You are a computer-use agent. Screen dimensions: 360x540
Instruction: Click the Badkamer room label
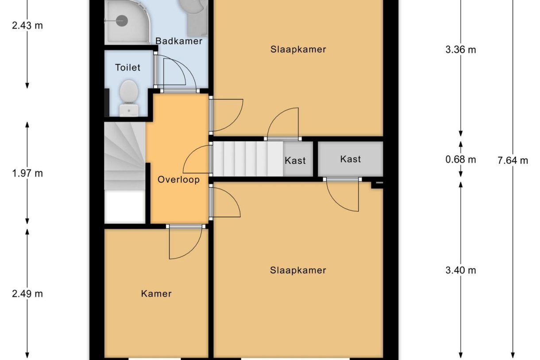tap(179, 41)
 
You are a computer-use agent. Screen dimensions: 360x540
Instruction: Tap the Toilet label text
tap(127, 67)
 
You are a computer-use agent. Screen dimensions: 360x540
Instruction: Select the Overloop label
tap(178, 180)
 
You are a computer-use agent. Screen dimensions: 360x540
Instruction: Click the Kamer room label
tap(156, 293)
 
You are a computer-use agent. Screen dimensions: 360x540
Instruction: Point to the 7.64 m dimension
tap(513, 160)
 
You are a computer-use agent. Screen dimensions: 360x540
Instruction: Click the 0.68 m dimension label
tap(461, 160)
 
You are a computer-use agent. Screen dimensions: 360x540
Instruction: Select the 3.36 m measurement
tap(461, 50)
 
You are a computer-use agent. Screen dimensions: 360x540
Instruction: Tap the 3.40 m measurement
tap(461, 270)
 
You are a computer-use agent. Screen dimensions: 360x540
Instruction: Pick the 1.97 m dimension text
tap(27, 173)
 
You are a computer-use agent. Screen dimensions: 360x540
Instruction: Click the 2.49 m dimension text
tap(27, 293)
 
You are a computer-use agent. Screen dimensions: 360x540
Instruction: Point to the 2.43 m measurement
tap(27, 25)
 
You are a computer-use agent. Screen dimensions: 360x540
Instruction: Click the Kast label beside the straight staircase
tap(295, 160)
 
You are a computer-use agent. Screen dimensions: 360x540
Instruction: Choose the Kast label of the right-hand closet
tap(351, 159)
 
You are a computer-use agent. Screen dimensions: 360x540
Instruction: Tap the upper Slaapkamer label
tap(298, 49)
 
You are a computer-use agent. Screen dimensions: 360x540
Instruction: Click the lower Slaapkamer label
tap(298, 270)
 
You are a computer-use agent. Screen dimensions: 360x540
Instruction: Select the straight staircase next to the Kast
tap(248, 159)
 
